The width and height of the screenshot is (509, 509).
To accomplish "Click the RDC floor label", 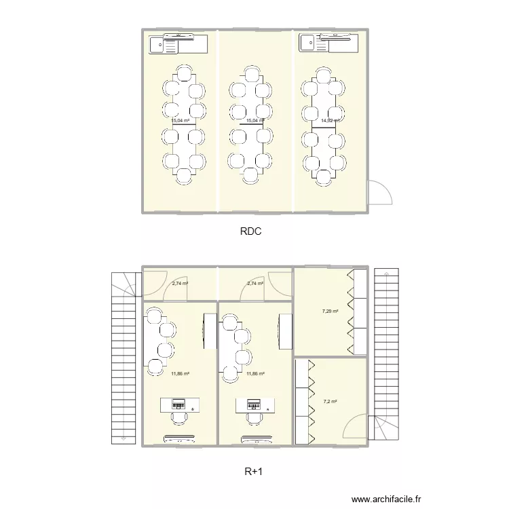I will [x=251, y=231].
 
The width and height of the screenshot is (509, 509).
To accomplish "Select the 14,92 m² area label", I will [x=330, y=121].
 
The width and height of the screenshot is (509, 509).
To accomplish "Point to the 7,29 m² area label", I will [x=330, y=312].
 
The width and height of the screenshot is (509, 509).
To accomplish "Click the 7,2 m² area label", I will [x=331, y=401].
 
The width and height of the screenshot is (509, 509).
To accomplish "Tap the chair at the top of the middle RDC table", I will [x=252, y=77].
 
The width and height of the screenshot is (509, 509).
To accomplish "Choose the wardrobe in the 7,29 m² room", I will [x=358, y=312].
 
